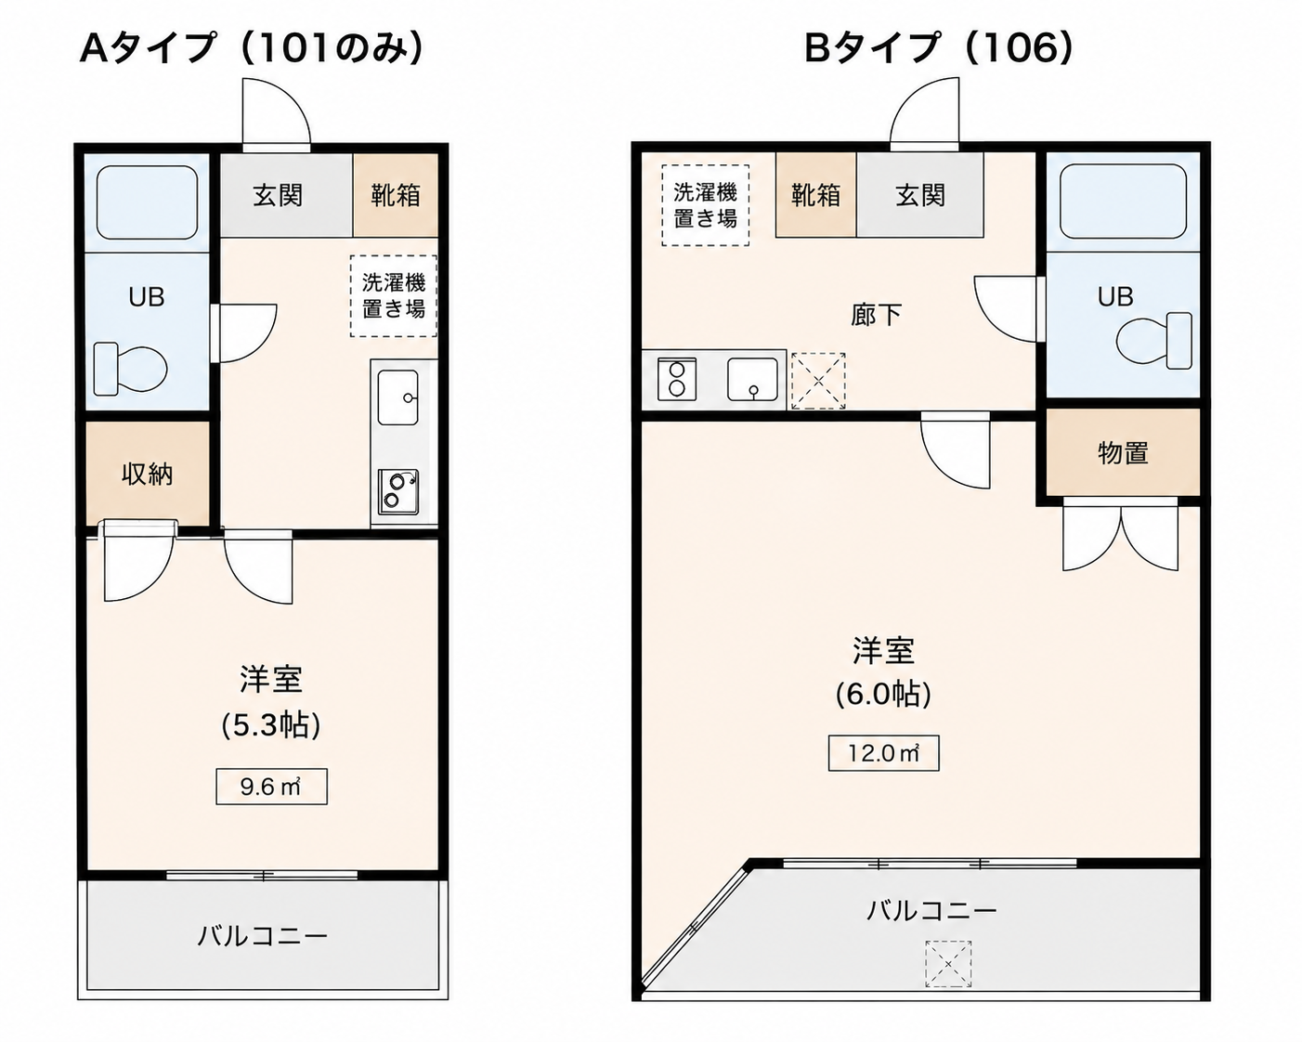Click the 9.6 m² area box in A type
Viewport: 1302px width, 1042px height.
(x=272, y=787)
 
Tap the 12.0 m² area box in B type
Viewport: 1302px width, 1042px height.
(x=883, y=753)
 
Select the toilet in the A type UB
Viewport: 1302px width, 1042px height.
(x=131, y=369)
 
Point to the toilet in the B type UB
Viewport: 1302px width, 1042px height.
(x=1153, y=341)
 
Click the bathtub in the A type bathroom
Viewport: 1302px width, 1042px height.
(x=147, y=202)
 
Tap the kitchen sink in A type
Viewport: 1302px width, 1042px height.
(x=398, y=397)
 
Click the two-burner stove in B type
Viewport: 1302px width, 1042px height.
(x=677, y=379)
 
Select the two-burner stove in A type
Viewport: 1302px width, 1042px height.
(x=398, y=492)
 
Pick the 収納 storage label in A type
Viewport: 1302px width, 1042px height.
(x=148, y=475)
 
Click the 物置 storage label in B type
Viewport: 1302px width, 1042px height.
(x=1123, y=453)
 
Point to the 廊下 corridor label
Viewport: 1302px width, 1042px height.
(x=876, y=315)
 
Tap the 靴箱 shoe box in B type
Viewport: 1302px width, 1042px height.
(x=816, y=195)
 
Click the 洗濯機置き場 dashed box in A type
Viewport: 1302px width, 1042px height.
(x=394, y=296)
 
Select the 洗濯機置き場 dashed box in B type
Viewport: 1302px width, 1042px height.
(x=706, y=206)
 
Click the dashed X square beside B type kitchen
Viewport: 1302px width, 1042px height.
(x=818, y=381)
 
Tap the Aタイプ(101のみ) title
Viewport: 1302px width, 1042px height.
(x=252, y=48)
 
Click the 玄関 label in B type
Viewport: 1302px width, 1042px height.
(x=920, y=195)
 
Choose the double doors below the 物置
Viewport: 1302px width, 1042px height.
(x=1121, y=535)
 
